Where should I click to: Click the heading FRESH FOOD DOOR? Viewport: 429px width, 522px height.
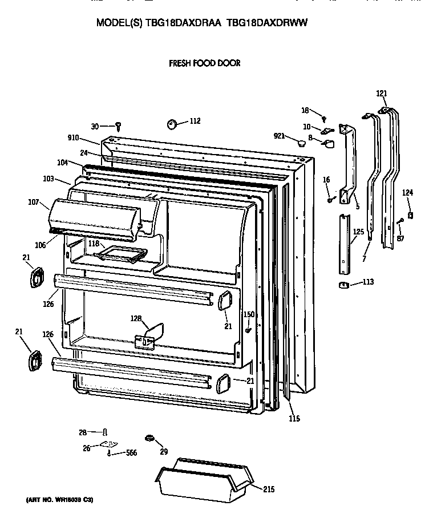(204, 63)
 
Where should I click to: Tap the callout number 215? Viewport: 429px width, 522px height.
(269, 489)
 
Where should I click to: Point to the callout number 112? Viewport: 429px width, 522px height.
(195, 121)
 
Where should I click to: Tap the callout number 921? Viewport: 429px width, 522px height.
(278, 136)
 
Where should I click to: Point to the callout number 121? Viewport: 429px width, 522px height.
(382, 94)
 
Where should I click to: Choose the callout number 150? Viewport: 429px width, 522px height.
(249, 314)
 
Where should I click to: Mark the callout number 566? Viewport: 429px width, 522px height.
(132, 454)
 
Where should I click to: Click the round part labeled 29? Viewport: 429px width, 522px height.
(151, 438)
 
